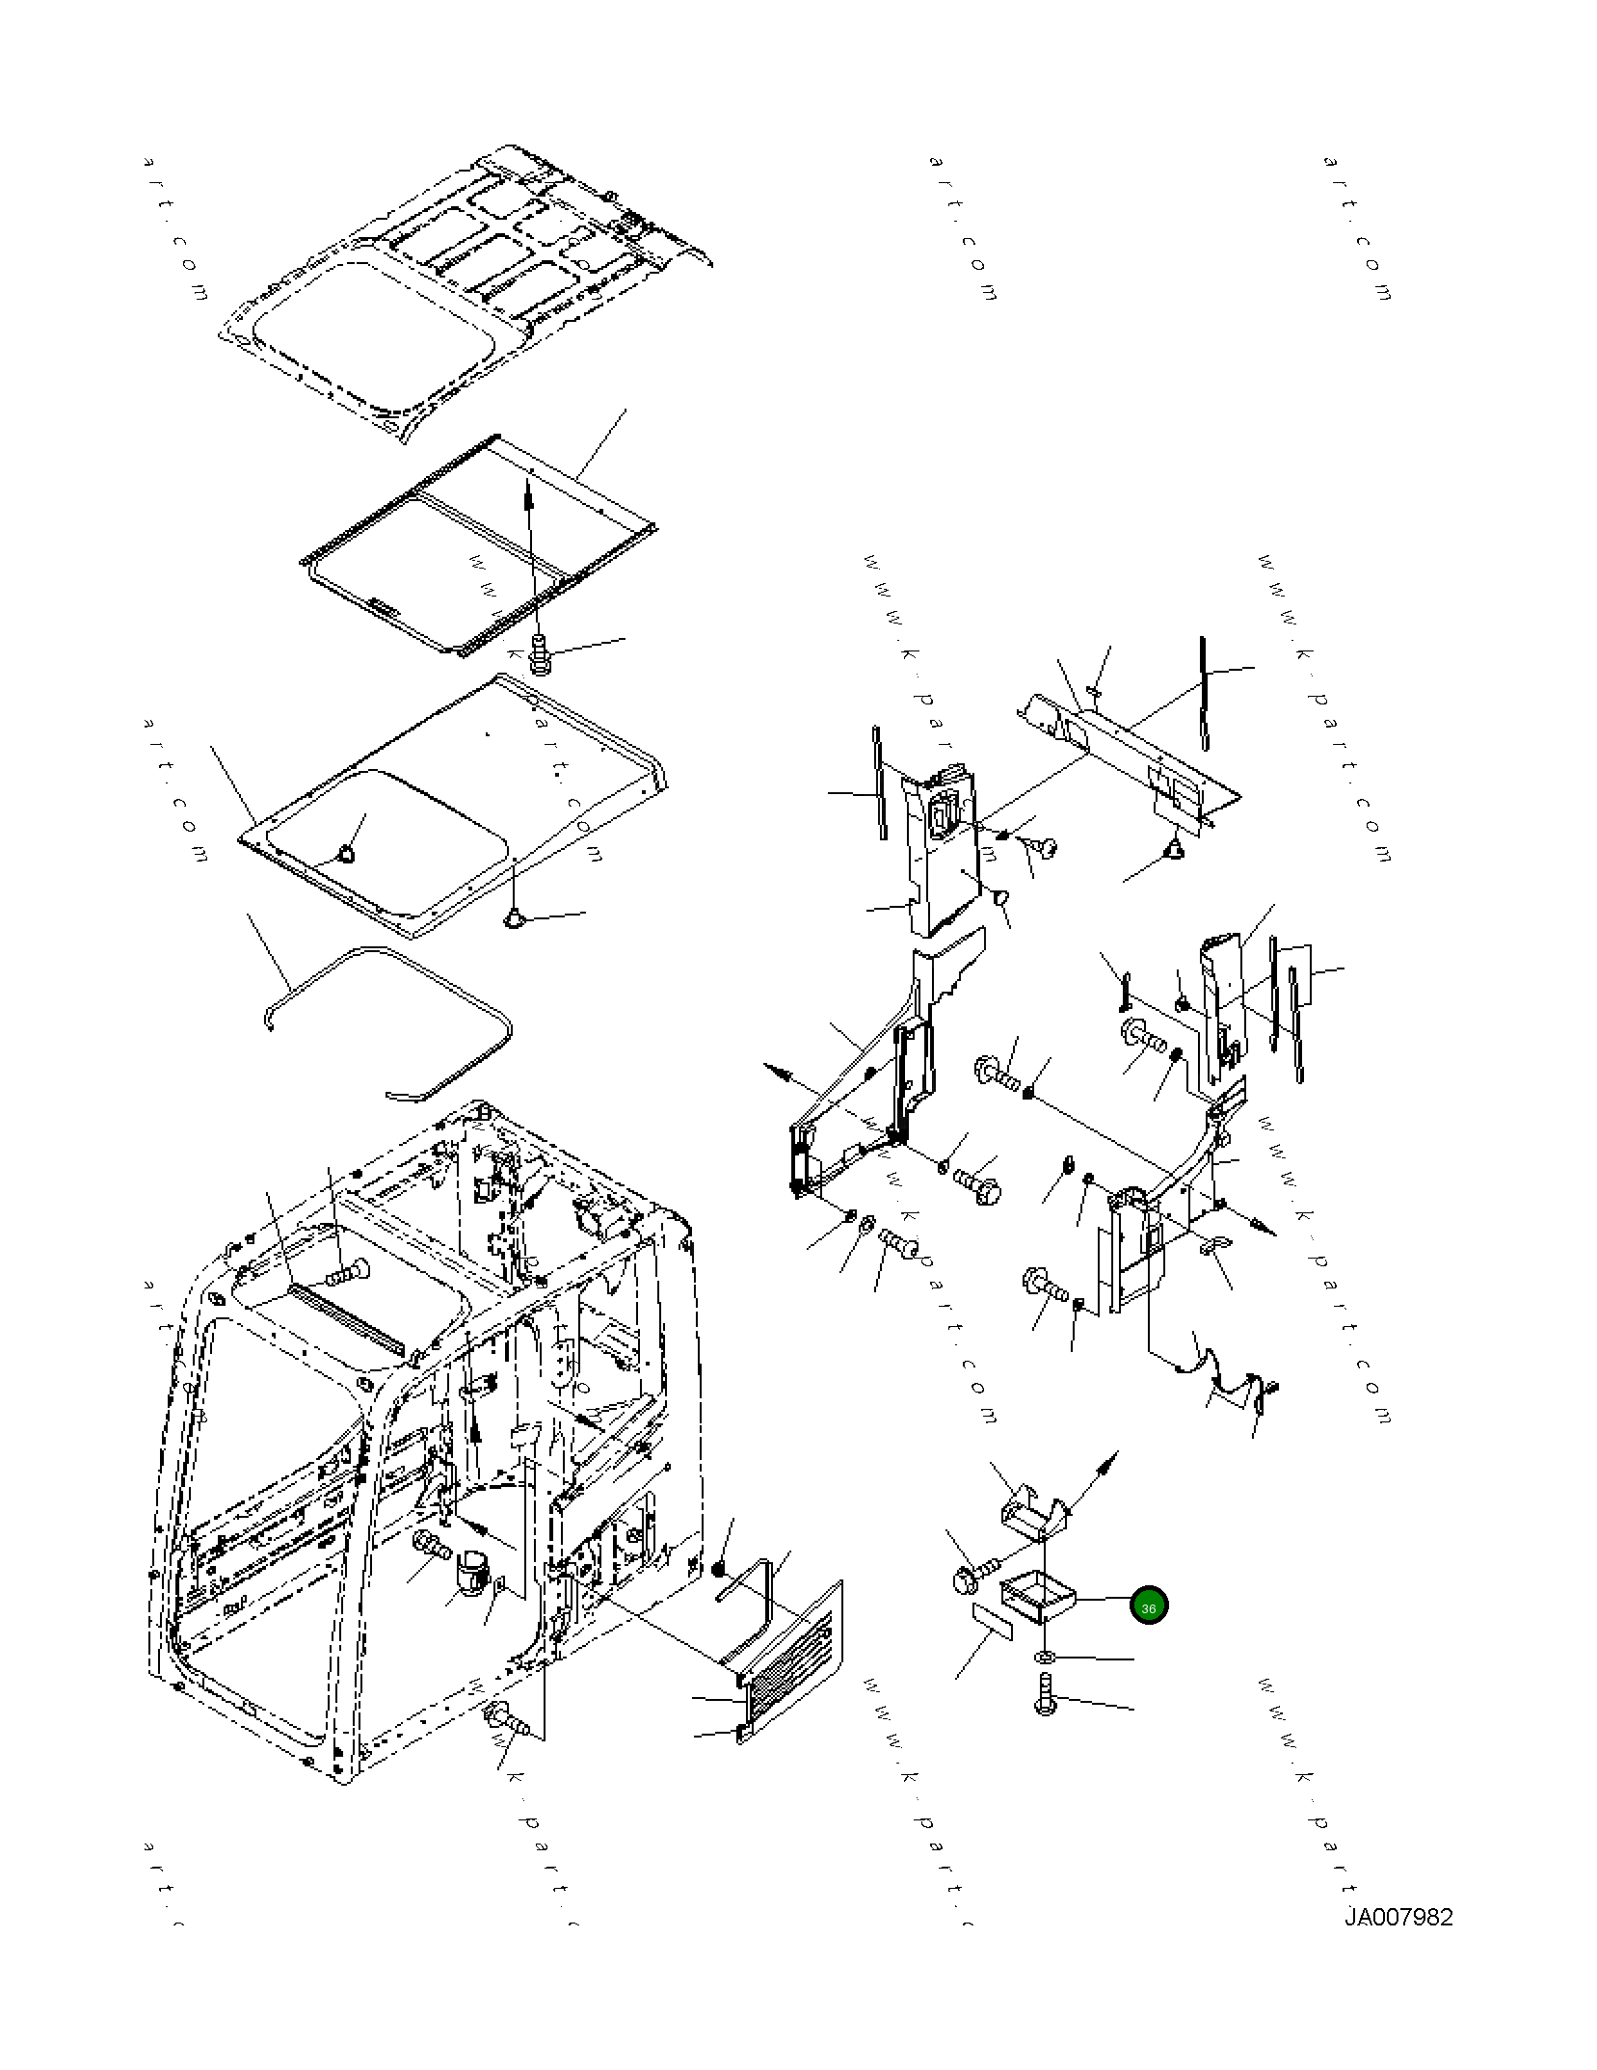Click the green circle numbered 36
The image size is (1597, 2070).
[1148, 1606]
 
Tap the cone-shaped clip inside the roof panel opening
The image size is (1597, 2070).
[344, 853]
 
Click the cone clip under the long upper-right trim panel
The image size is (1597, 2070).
[1174, 848]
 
